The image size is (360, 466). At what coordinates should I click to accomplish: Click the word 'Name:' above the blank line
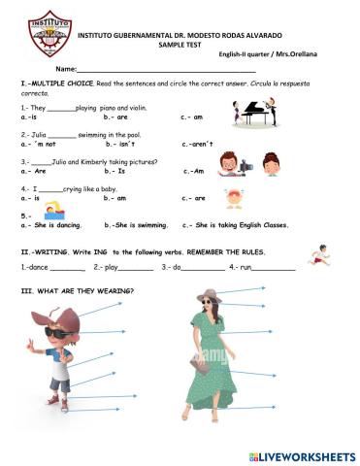click(65, 70)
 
